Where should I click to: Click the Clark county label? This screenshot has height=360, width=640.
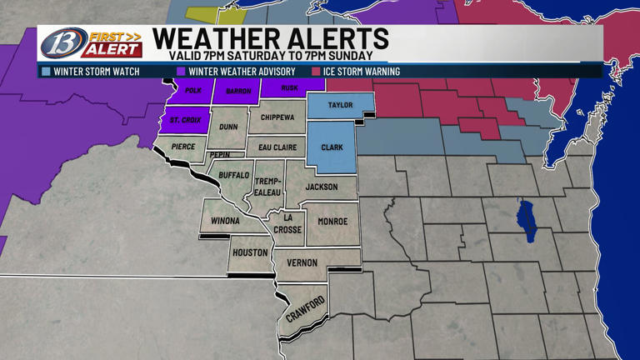coord(332,147)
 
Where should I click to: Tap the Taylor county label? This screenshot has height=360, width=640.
coord(340,106)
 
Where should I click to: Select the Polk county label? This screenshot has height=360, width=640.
coord(193,90)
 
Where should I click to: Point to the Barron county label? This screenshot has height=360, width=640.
coord(238,91)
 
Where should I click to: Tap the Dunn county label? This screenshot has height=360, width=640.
coord(228,127)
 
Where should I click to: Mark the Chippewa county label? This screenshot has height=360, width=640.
coord(277,118)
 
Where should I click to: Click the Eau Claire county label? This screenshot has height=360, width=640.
coord(277,147)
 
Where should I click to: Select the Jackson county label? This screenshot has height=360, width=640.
coord(322,187)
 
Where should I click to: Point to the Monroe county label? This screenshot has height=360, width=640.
coord(333,221)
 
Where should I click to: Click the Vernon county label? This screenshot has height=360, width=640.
coord(302,262)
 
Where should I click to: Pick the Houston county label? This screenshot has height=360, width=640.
coord(250,252)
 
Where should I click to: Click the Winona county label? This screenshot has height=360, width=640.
coord(224,221)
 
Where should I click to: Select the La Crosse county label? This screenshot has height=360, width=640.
coord(287,224)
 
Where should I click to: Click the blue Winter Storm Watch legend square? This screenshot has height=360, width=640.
coord(46,72)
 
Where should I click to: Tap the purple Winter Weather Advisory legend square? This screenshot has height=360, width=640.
coord(181,72)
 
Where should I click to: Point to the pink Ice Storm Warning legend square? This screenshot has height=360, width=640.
coord(317,72)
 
